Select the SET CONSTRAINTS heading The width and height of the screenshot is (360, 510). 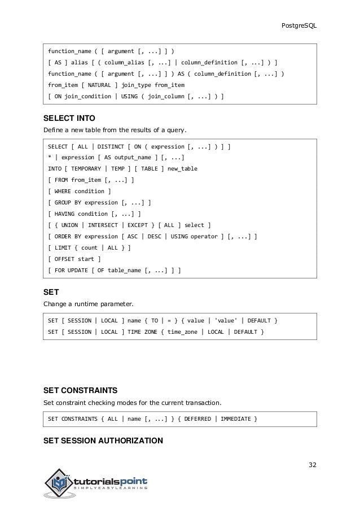coord(80,390)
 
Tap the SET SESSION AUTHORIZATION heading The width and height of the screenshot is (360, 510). coord(103,440)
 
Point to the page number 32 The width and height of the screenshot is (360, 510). coord(313,465)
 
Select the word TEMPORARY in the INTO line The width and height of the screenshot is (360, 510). coord(89,169)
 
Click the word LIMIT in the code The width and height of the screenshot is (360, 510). coord(63,248)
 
